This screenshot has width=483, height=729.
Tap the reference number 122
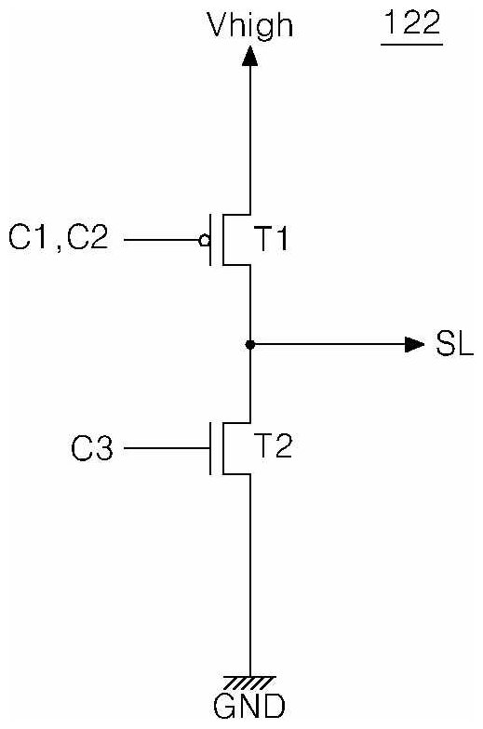(411, 22)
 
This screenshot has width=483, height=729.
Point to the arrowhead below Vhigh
(250, 57)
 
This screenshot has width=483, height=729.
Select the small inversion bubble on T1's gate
(204, 240)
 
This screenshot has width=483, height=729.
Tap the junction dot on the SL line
(250, 344)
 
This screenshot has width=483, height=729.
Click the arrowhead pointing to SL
(415, 344)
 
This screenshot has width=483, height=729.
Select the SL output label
(454, 344)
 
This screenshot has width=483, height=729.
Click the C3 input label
(91, 448)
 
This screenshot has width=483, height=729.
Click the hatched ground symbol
(250, 683)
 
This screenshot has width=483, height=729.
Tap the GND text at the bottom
(249, 707)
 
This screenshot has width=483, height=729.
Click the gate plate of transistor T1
(210, 240)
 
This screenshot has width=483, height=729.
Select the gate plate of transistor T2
(210, 448)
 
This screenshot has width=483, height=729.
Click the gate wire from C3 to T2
(167, 448)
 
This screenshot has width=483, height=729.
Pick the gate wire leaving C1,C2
(162, 240)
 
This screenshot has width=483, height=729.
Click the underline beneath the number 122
(411, 45)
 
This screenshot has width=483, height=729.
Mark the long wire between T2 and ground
(250, 576)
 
